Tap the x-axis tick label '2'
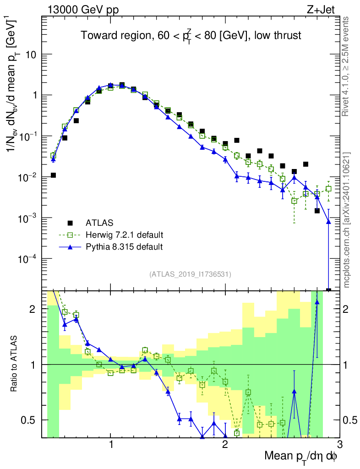click(x=225, y=444)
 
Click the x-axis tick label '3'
click(x=339, y=444)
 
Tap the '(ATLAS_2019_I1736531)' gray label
click(x=190, y=274)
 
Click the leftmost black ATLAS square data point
click(x=53, y=175)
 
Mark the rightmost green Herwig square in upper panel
click(x=328, y=188)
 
